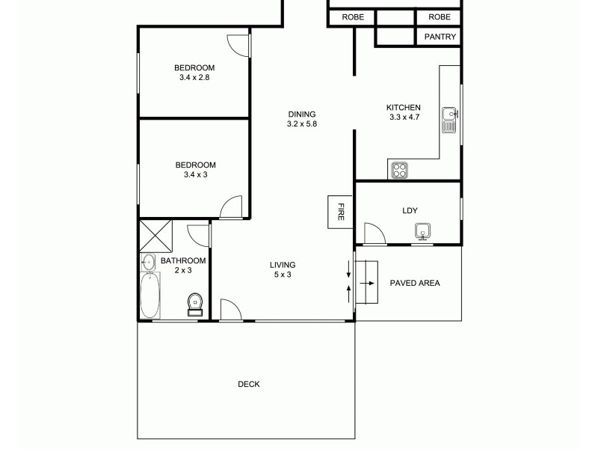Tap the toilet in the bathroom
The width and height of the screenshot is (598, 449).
click(195, 303)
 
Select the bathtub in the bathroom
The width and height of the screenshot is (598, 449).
click(150, 295)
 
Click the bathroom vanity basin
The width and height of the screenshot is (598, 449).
click(147, 261)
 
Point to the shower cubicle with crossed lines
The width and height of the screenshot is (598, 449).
click(155, 236)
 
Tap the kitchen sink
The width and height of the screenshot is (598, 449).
click(449, 119)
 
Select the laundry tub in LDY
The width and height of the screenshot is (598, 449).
click(423, 231)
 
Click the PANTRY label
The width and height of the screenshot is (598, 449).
click(440, 37)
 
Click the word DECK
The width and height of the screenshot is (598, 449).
click(249, 384)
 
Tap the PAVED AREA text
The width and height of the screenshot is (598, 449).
click(415, 283)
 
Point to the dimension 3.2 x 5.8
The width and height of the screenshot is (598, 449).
click(302, 124)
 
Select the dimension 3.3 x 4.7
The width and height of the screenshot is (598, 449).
click(404, 117)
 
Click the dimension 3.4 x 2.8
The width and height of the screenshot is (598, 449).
click(194, 77)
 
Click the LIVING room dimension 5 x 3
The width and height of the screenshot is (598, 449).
click(283, 275)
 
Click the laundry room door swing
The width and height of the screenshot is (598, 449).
click(373, 233)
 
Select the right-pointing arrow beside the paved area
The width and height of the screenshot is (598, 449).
click(368, 284)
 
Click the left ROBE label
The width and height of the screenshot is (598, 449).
click(352, 16)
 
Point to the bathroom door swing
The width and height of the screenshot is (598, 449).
click(199, 234)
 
